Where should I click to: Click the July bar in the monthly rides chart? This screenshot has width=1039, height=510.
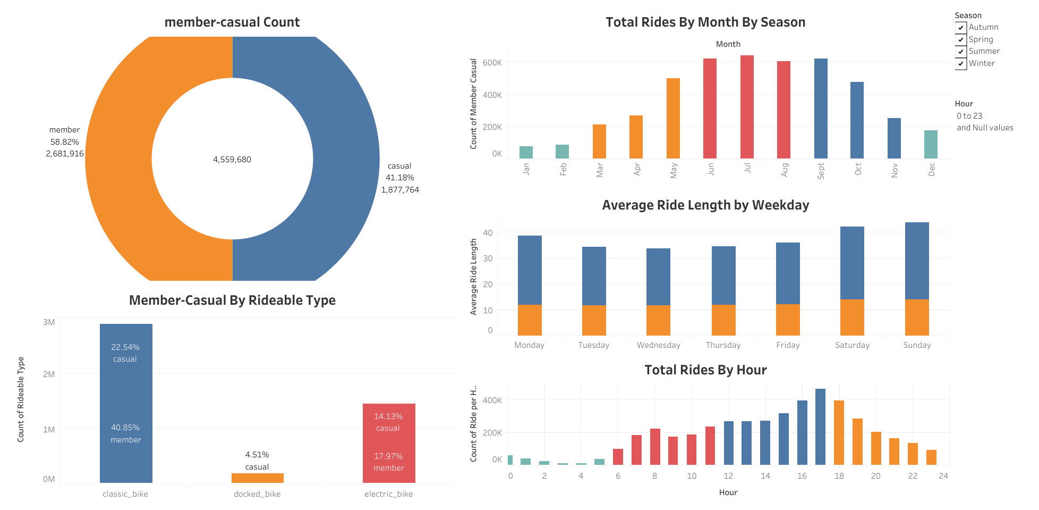(x=747, y=107)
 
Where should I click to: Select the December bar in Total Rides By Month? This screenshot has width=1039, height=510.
(x=931, y=145)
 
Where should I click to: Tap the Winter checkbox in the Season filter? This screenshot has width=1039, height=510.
(x=961, y=64)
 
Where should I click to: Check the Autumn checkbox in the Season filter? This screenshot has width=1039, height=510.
(x=961, y=28)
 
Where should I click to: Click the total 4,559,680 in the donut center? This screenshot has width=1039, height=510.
(x=232, y=160)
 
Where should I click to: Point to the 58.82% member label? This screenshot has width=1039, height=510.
(x=65, y=142)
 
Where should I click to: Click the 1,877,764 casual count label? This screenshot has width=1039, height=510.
(x=400, y=190)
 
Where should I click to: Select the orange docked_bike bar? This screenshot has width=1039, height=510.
(x=258, y=478)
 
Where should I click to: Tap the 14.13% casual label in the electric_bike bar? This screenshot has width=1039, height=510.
(x=388, y=416)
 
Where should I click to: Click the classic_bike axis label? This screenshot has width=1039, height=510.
(x=125, y=494)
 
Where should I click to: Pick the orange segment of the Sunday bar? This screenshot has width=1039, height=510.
(x=917, y=317)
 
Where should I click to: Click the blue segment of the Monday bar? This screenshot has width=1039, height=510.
(x=530, y=270)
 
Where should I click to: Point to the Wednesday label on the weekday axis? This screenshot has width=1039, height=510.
(x=658, y=345)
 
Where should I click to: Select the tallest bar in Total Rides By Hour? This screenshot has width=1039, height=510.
(x=820, y=427)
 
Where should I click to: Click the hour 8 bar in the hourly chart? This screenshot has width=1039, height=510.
(x=655, y=447)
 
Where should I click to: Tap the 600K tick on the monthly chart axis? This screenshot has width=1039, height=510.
(x=492, y=63)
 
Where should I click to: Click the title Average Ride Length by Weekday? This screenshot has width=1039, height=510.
(x=705, y=205)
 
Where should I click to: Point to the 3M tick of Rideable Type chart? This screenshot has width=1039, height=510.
(x=49, y=322)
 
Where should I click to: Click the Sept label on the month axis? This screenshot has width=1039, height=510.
(x=821, y=171)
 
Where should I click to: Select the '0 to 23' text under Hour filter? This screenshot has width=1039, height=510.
(x=969, y=116)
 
